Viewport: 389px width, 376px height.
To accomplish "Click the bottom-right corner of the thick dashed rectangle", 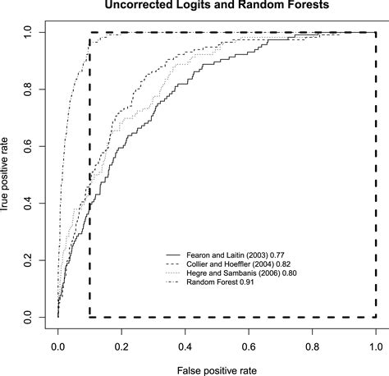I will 376,317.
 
